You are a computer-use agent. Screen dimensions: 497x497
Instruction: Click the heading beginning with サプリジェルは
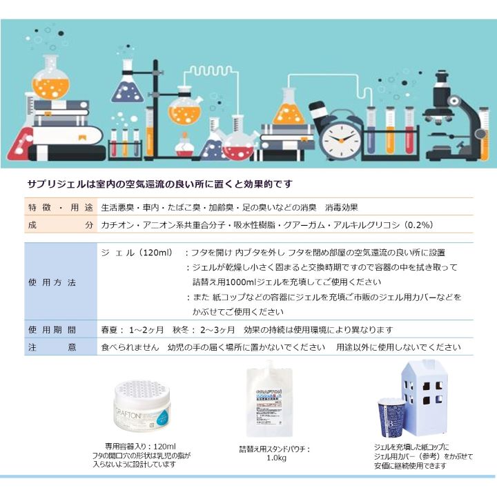coord(160,184)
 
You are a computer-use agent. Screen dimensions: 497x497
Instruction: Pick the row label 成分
coord(61,225)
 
